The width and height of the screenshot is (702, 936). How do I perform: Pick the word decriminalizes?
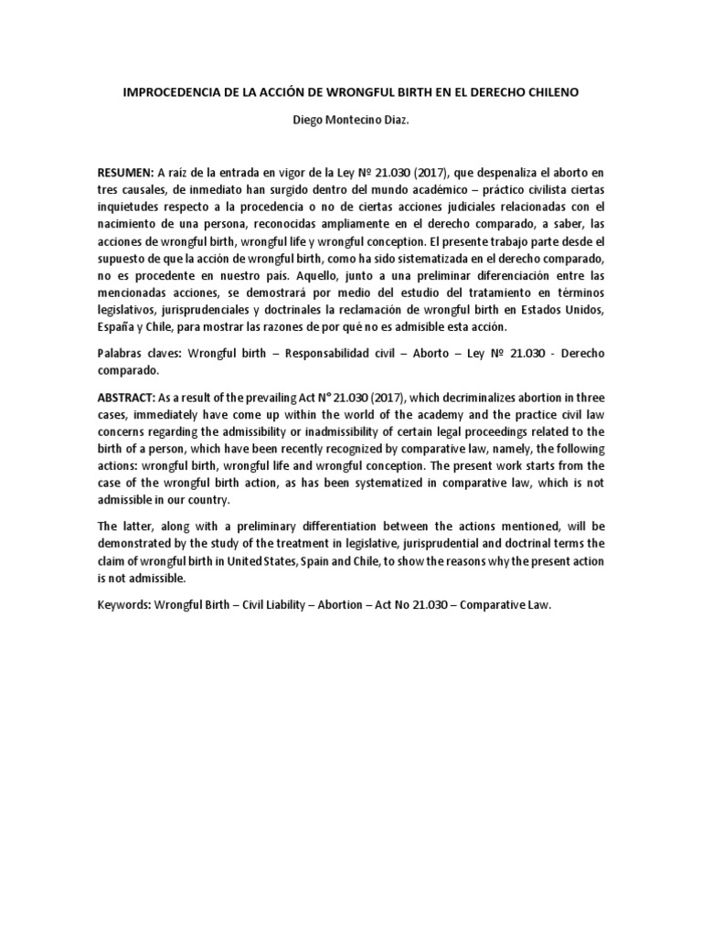tap(465, 398)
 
